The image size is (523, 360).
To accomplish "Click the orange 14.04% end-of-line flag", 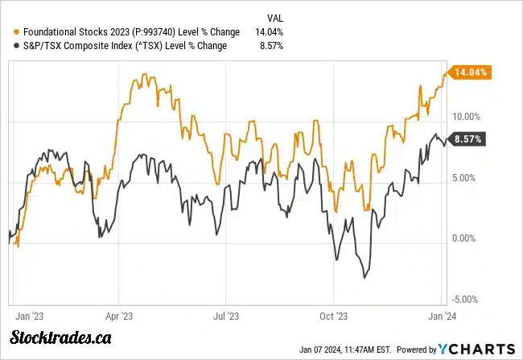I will [x=472, y=72].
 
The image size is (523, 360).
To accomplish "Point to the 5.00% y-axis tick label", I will [x=467, y=177].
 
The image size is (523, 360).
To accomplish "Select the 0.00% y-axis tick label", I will [x=467, y=238].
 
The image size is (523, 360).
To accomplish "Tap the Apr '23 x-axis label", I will [x=119, y=317].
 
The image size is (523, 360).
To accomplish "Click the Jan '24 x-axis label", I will [x=441, y=317].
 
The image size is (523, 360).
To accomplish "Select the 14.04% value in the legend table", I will [x=269, y=32].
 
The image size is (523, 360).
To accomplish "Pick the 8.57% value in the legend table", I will [x=271, y=46].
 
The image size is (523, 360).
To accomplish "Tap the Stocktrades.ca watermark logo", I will [x=60, y=337].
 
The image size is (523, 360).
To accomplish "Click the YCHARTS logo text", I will [x=478, y=349].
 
